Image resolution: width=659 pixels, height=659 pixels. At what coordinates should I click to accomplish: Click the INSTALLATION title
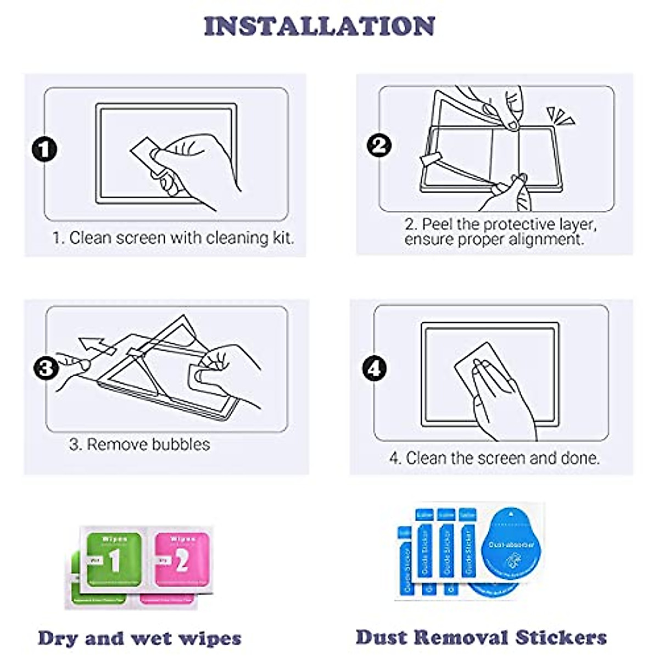click(319, 26)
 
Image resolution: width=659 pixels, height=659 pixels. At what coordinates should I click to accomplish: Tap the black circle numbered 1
click(44, 149)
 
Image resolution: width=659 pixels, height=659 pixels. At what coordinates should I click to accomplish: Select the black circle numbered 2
click(379, 146)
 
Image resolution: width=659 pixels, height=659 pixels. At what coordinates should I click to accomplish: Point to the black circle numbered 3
click(46, 367)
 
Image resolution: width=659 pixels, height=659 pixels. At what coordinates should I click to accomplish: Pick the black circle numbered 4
click(375, 368)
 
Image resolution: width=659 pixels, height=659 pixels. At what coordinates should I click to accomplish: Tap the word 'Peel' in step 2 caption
click(437, 224)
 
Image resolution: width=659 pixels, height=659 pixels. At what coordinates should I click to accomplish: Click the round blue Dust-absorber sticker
click(511, 546)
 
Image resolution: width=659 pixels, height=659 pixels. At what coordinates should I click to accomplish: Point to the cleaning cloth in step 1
click(145, 154)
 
